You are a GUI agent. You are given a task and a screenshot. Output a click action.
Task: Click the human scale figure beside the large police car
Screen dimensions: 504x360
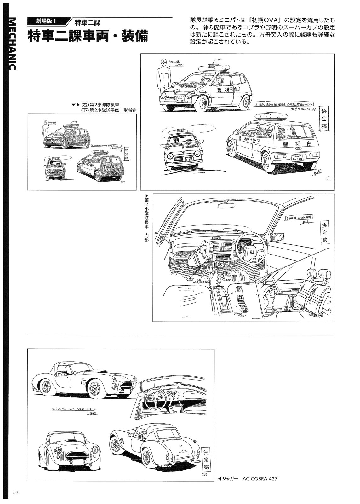point(163,75)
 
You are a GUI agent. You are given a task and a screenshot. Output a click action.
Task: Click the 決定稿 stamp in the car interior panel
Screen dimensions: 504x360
point(325,233)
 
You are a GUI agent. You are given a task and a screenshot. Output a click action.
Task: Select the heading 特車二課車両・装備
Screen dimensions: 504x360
point(88,37)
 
